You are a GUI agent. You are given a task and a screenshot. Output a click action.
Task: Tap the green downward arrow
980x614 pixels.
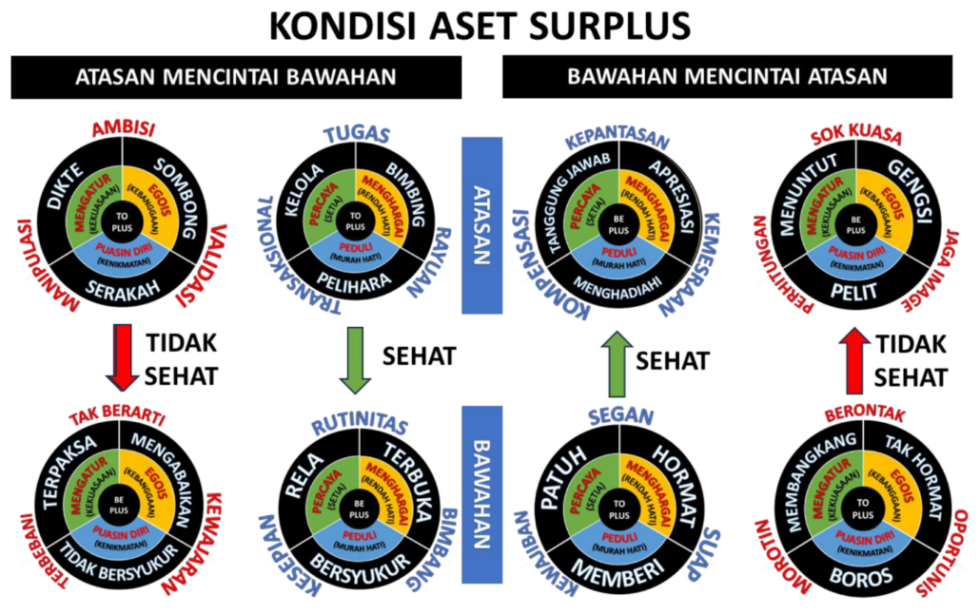pos(355,359)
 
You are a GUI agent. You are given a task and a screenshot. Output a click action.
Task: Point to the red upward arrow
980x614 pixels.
pos(856,359)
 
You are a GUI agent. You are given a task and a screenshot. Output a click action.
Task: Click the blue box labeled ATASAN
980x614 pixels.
pos(481,224)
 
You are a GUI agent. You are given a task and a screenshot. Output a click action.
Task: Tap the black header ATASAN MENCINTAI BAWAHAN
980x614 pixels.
pos(236,78)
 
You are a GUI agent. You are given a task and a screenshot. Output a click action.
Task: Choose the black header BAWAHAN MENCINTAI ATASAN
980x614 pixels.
pos(727,77)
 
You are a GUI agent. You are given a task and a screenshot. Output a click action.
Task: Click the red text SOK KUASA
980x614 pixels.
pos(856,136)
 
